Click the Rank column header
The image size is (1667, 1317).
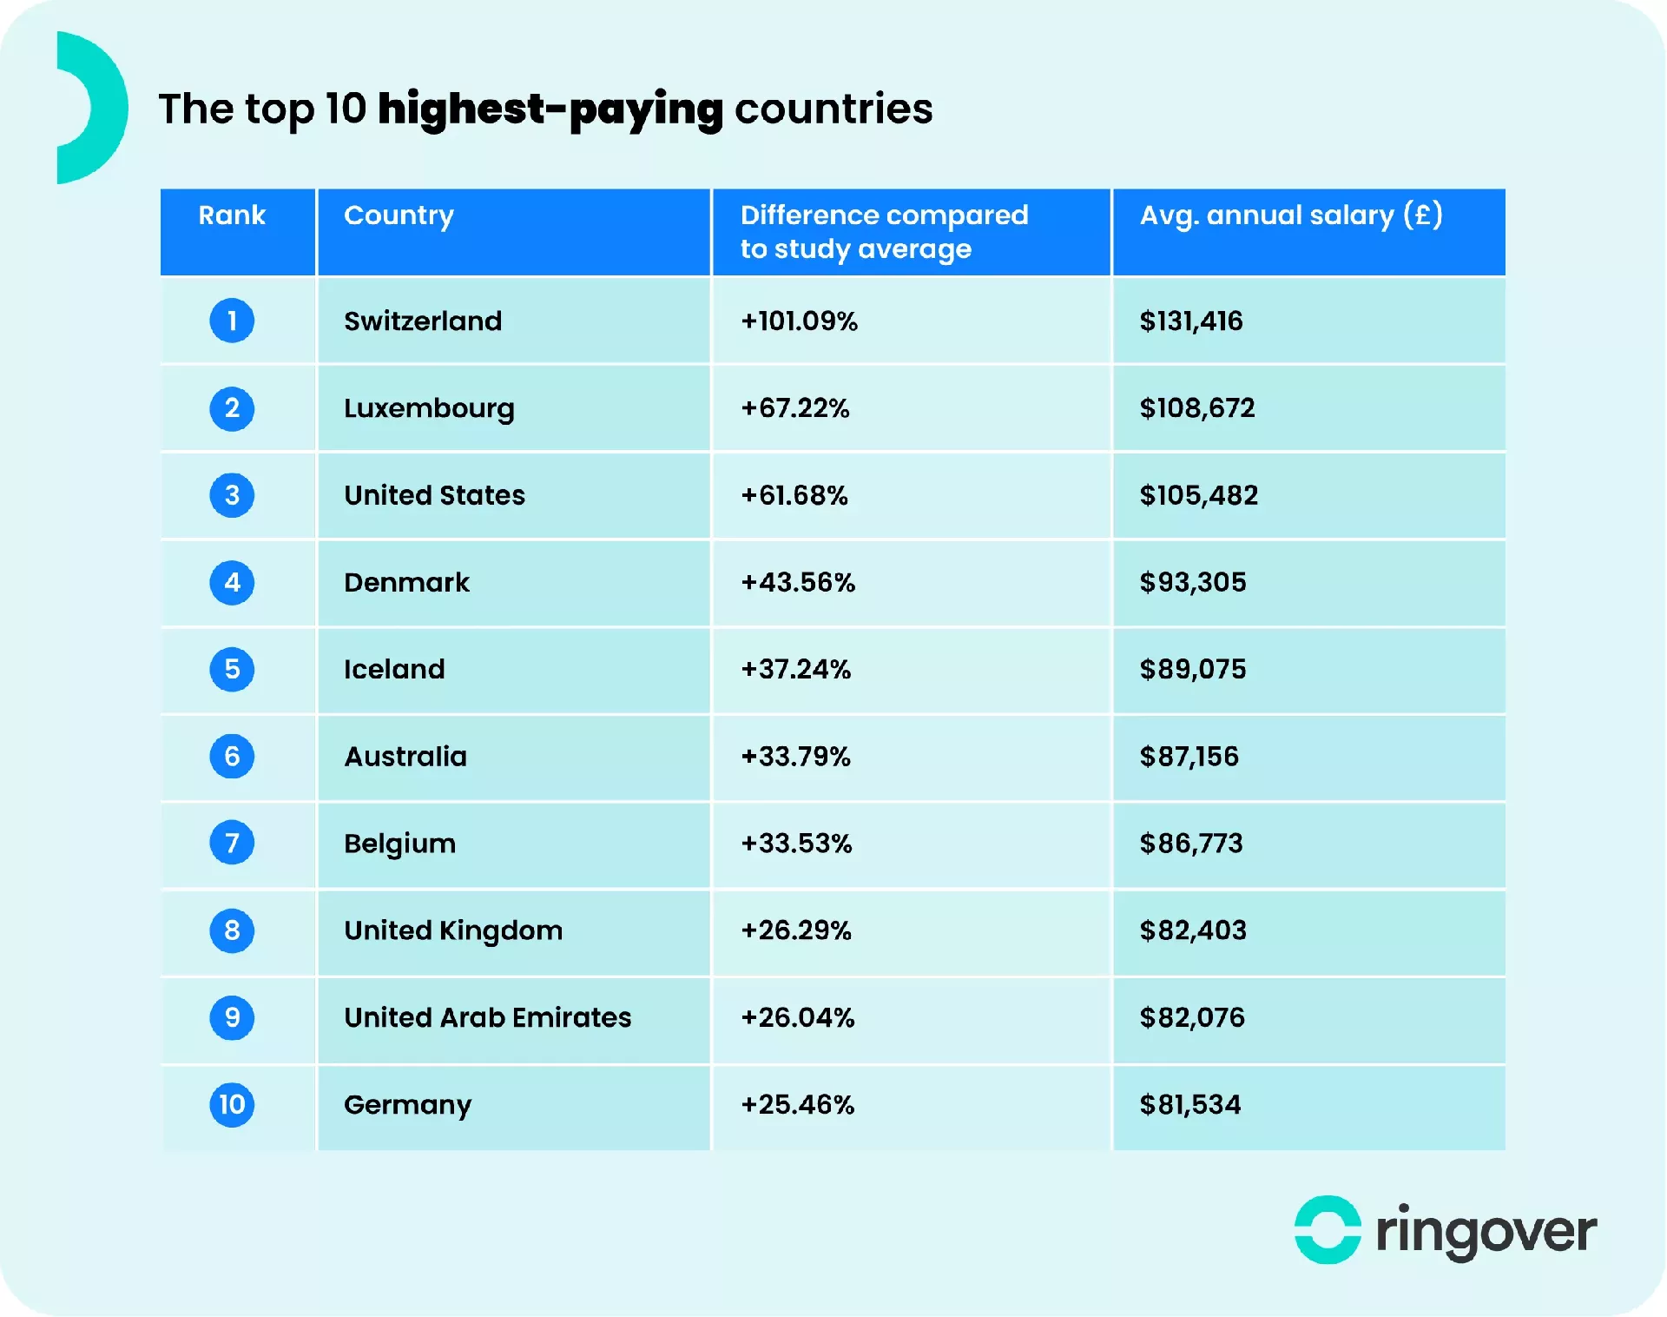232,215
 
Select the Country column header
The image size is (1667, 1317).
399,215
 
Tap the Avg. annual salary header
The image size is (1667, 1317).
1291,215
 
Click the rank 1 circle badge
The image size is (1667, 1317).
232,321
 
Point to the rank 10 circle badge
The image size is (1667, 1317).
232,1104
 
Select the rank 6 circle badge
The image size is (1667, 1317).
232,756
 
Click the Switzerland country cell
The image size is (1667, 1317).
423,321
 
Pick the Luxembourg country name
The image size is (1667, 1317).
429,408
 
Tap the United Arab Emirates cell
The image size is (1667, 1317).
487,1017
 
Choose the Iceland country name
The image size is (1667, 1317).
394,669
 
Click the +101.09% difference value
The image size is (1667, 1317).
799,321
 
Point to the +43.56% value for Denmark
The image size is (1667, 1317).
798,582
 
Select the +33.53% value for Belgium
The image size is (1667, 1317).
796,844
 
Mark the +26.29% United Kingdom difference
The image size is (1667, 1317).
796,930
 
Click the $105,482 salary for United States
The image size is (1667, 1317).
1198,495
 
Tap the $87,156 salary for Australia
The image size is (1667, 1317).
1189,757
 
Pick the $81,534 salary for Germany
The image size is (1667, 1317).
1189,1104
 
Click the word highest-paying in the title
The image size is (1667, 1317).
550,109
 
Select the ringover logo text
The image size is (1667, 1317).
1486,1232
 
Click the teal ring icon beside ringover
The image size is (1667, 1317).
1327,1230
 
